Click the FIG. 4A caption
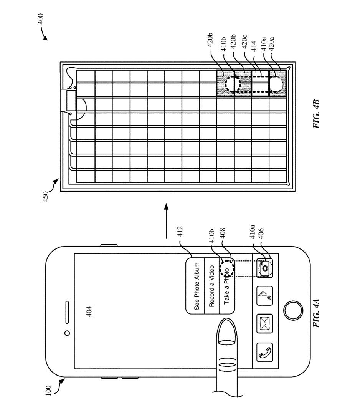coord(316,313)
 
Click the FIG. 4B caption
coord(316,114)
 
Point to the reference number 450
coord(46,197)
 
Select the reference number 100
coord(48,391)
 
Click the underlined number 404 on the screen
coord(89,311)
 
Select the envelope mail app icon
coord(265,324)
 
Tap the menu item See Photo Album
coord(197,286)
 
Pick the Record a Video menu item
coord(211,286)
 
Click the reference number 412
coord(180,232)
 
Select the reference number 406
coord(261,233)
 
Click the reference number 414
coord(254,46)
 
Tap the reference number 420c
coord(244,41)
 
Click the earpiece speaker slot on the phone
coord(67,312)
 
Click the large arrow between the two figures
coord(166,221)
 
